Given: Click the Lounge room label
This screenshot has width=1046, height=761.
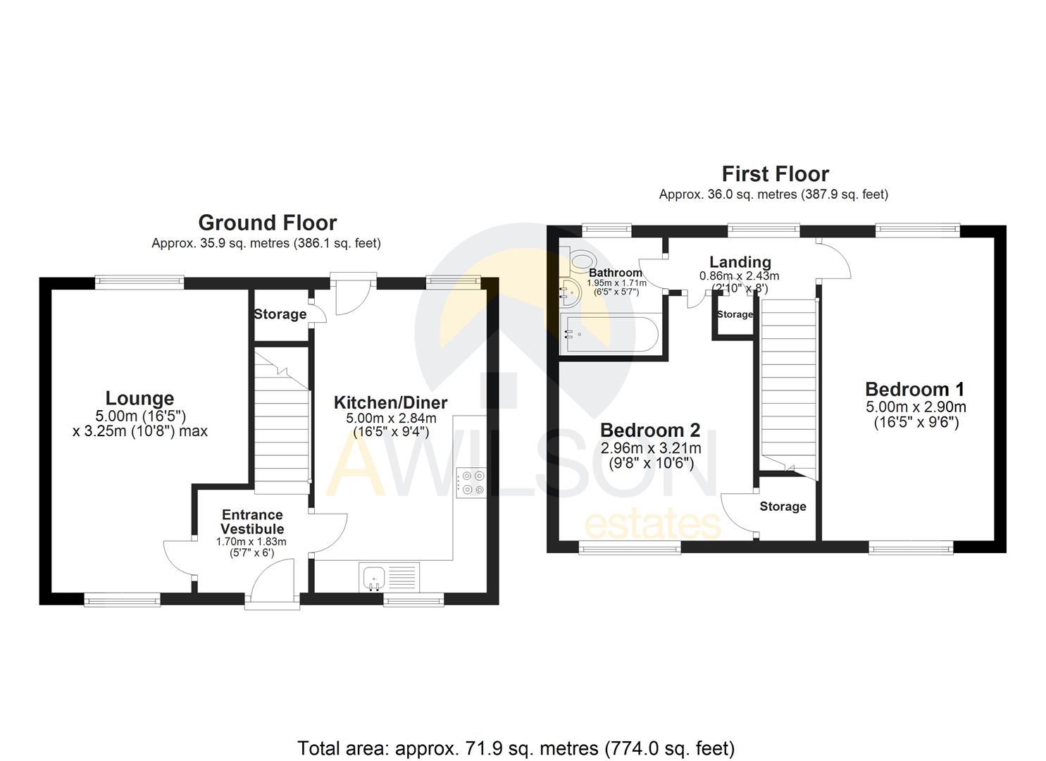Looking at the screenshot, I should point(139,398).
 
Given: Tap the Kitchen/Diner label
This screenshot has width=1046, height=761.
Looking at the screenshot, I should point(390,403).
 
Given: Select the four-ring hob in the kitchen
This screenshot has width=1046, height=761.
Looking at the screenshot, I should point(471,483).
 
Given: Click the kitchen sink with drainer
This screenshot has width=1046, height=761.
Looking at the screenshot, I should point(389,576).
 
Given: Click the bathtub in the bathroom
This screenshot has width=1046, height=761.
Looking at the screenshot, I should point(609,333).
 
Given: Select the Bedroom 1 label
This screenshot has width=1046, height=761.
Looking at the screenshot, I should point(914,389).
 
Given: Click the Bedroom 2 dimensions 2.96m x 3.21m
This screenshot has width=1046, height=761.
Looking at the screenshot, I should point(650,448).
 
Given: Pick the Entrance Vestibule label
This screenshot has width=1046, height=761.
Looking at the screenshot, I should point(252,522).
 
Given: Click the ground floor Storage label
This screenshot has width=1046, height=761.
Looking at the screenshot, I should point(280,314).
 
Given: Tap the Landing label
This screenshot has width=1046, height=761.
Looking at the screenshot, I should point(740,262).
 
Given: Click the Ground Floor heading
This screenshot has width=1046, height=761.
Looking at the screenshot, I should point(267,223).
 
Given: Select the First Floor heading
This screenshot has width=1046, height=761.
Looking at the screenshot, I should point(775,173).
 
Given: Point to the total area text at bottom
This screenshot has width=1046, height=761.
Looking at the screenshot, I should point(516,748).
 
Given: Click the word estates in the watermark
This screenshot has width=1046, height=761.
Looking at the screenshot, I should point(653,525).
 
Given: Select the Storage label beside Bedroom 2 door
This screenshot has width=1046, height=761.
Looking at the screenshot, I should point(783,507).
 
